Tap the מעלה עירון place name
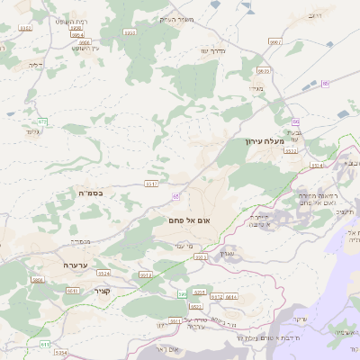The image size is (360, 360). [263, 141]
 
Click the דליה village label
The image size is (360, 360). [35, 64]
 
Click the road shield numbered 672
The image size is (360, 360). [42, 121]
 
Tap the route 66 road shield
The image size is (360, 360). [295, 121]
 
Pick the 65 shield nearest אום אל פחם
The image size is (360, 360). [176, 195]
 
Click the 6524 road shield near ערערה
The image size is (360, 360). [104, 273]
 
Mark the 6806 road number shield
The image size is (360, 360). [84, 41]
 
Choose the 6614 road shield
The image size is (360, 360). [231, 296]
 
